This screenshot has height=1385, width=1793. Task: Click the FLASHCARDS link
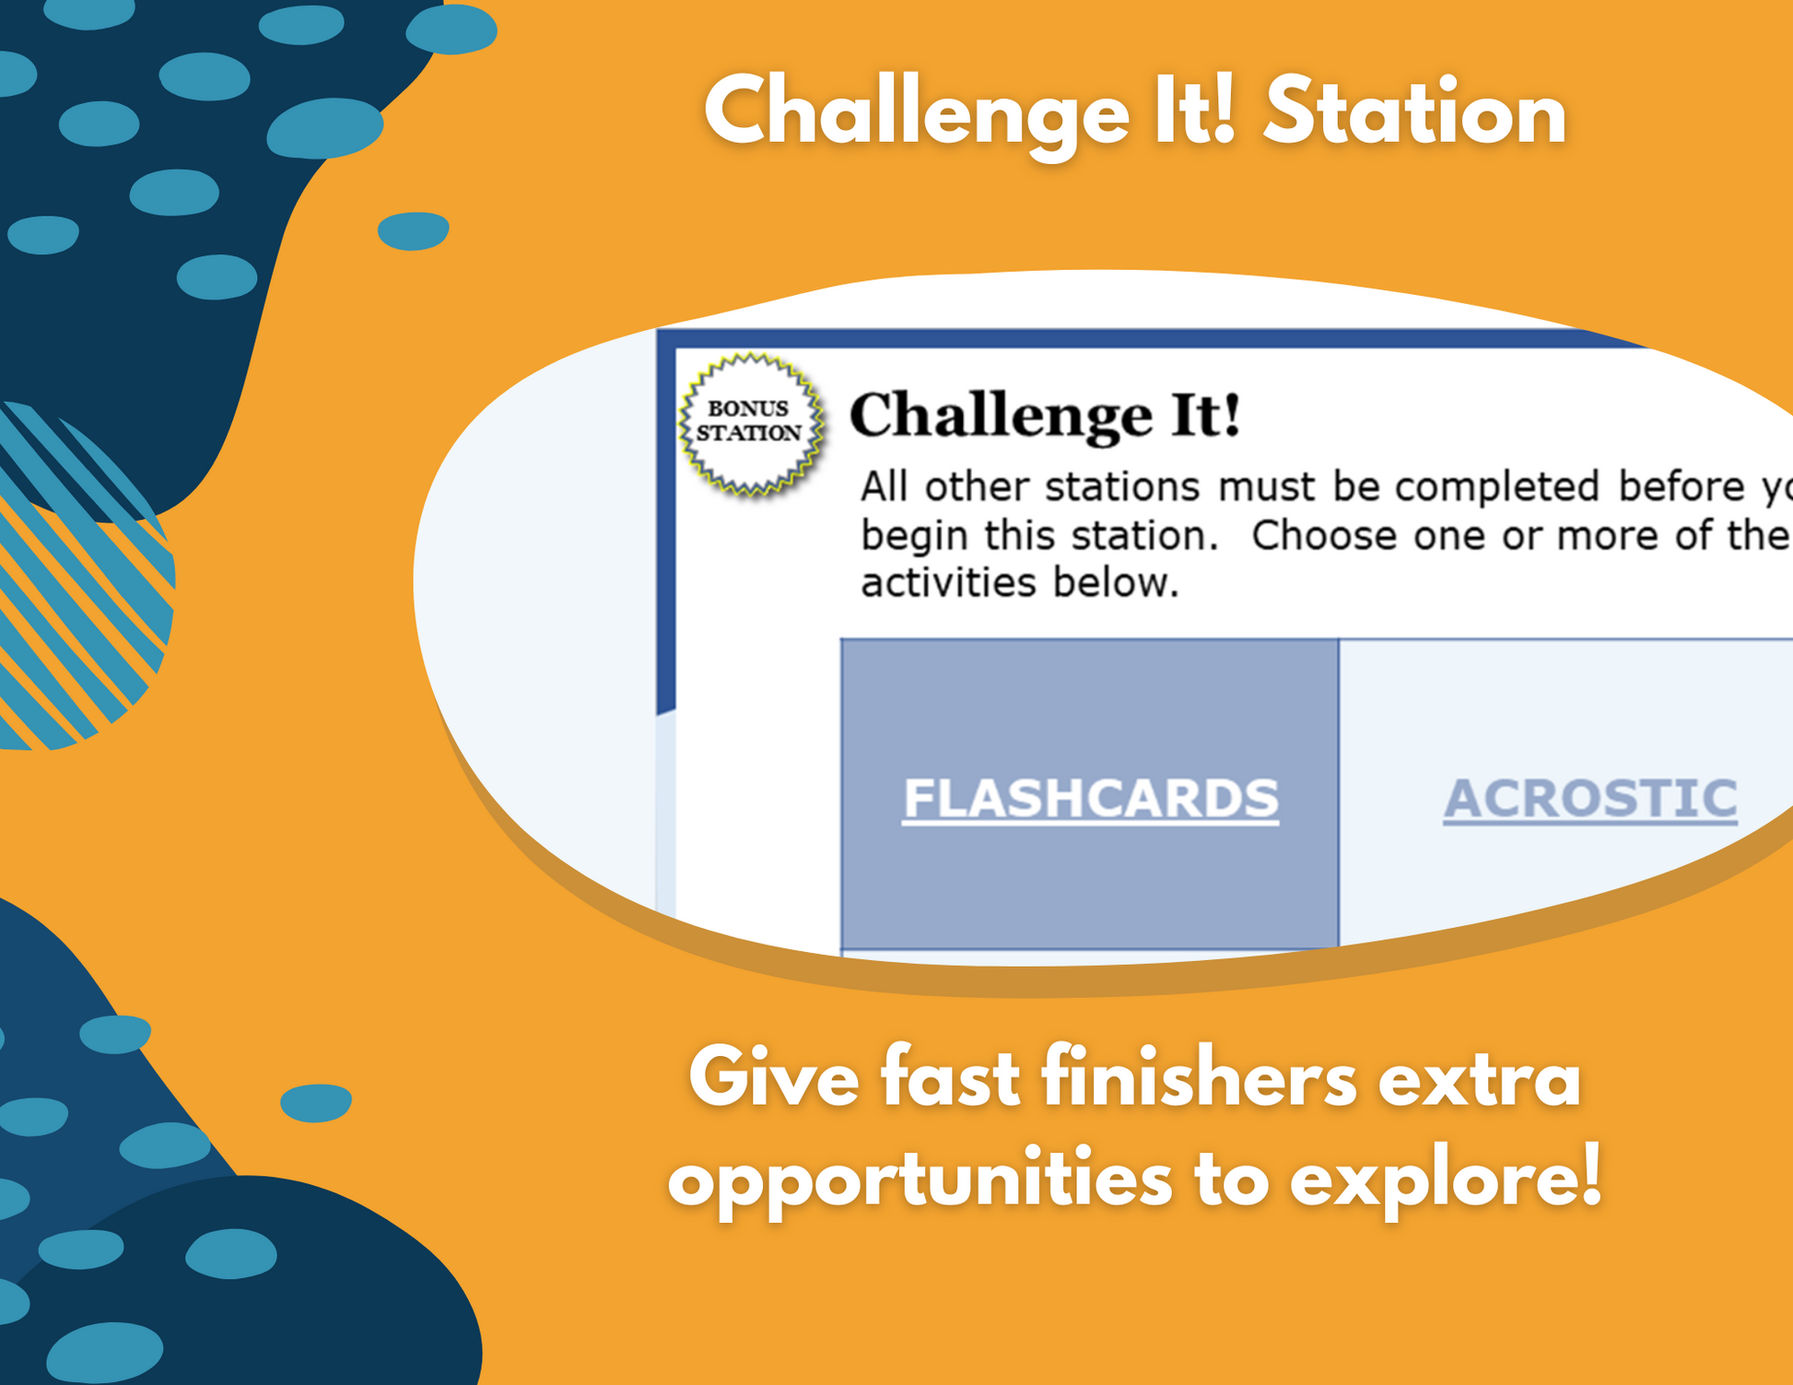click(x=1090, y=798)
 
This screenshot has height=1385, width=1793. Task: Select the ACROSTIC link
click(x=1590, y=798)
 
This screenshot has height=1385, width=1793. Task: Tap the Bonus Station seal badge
click(x=750, y=424)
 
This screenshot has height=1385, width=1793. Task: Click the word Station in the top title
click(x=1414, y=113)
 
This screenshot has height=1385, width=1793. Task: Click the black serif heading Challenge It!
click(x=1045, y=416)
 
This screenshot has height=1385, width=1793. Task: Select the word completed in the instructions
click(x=1496, y=487)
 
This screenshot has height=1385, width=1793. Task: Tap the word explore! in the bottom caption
click(x=1446, y=1180)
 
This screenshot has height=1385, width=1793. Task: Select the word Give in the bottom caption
click(x=774, y=1079)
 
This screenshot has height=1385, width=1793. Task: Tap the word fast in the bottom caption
click(x=950, y=1079)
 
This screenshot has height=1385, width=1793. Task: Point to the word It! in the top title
click(x=1194, y=112)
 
